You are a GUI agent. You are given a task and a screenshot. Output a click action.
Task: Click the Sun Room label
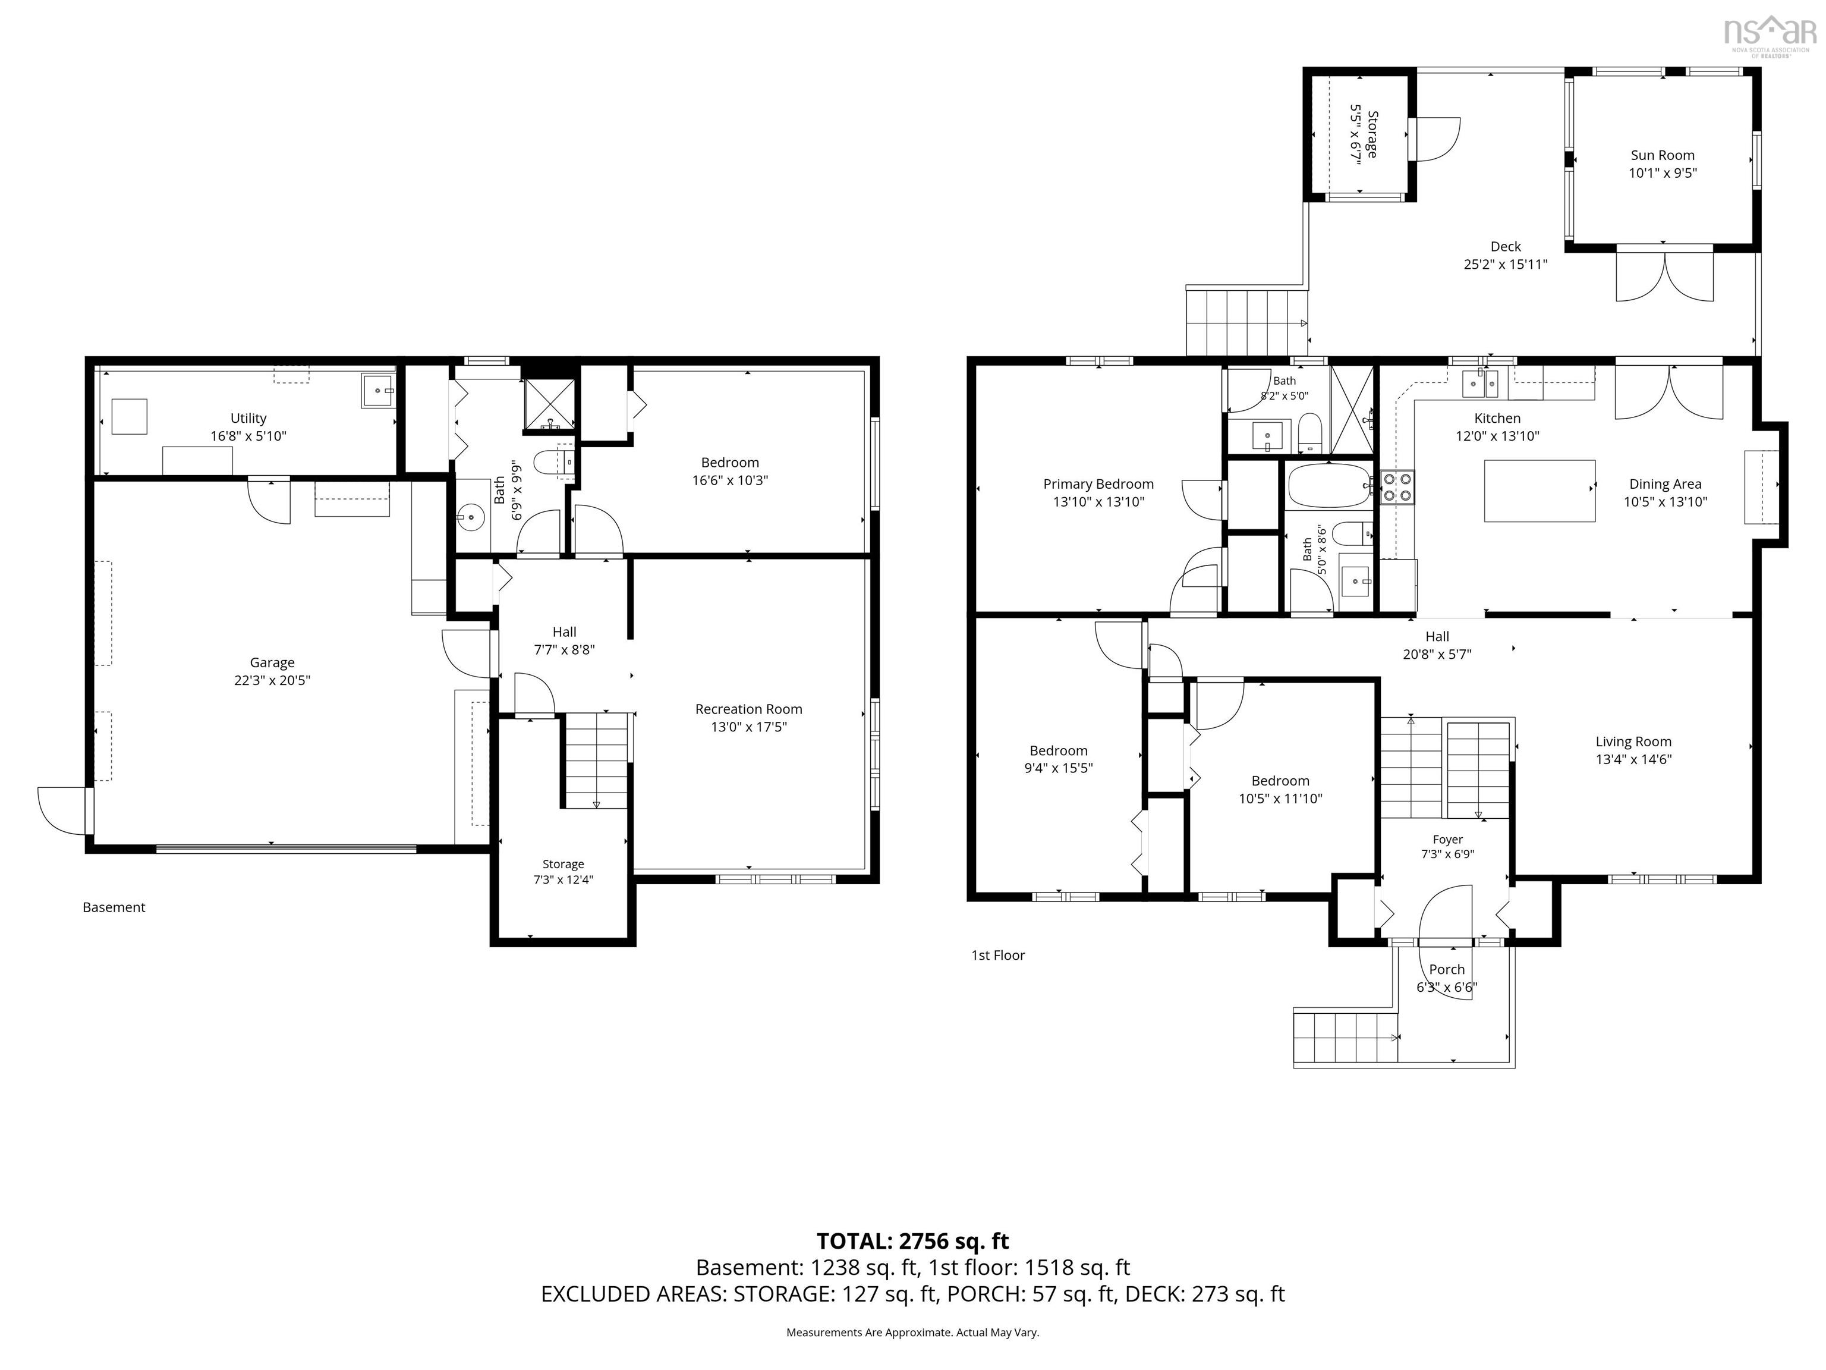pyautogui.click(x=1663, y=155)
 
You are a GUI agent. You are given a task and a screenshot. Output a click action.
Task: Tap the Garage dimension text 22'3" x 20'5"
pyautogui.click(x=272, y=680)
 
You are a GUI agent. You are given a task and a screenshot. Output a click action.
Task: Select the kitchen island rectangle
pyautogui.click(x=1539, y=491)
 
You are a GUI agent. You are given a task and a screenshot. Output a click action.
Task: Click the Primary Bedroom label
pyautogui.click(x=1098, y=484)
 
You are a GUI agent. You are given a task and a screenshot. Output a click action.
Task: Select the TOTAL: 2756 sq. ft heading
pyautogui.click(x=913, y=1241)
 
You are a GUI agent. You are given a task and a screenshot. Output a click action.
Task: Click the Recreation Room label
pyautogui.click(x=749, y=709)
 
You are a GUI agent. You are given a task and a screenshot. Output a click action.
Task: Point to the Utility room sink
pyautogui.click(x=378, y=390)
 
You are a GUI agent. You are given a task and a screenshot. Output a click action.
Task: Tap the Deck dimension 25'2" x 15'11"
pyautogui.click(x=1506, y=264)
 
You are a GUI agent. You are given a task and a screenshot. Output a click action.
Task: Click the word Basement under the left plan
pyautogui.click(x=114, y=907)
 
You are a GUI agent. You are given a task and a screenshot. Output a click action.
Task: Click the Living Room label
pyautogui.click(x=1633, y=741)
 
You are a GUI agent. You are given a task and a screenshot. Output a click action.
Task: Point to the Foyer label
pyautogui.click(x=1448, y=839)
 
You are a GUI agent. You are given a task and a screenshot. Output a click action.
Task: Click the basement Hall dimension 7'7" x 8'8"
pyautogui.click(x=565, y=650)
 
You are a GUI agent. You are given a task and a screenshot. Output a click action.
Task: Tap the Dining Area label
pyautogui.click(x=1665, y=484)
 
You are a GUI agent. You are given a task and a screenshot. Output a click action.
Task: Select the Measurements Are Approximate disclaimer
pyautogui.click(x=913, y=1332)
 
